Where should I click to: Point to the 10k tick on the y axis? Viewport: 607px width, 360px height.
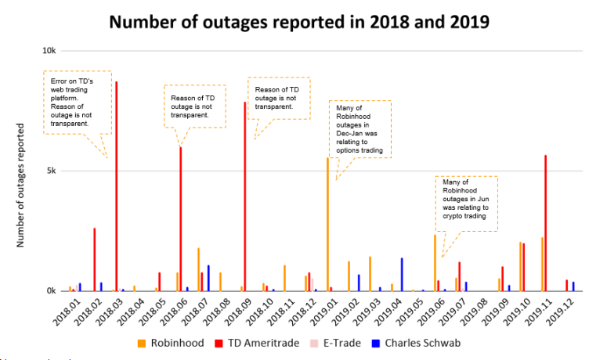pyautogui.click(x=49, y=50)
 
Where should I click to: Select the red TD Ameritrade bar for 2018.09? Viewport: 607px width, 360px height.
pyautogui.click(x=244, y=196)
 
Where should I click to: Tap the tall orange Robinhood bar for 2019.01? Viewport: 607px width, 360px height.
pyautogui.click(x=327, y=224)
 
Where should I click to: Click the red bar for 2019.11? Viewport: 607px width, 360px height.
pyautogui.click(x=545, y=223)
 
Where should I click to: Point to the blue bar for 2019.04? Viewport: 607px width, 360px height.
pyautogui.click(x=402, y=274)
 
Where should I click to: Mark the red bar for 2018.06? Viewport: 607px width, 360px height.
pyautogui.click(x=181, y=219)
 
